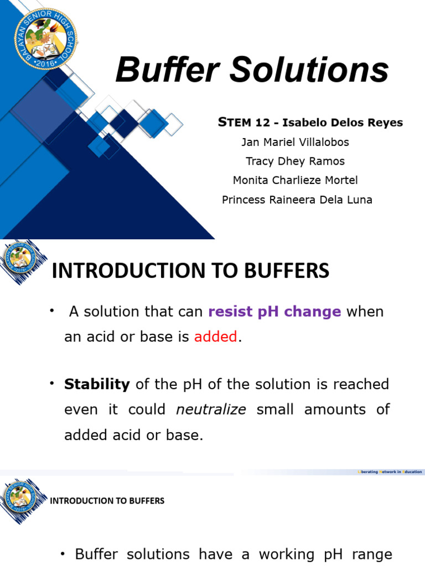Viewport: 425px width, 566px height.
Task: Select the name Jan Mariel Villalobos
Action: [x=295, y=142]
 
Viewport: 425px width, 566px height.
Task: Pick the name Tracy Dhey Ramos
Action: [x=295, y=161]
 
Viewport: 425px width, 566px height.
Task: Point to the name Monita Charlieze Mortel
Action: [x=295, y=180]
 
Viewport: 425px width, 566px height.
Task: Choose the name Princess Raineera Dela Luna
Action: [x=297, y=200]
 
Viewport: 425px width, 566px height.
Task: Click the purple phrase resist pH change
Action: [x=274, y=312]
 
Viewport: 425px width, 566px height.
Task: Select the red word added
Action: [x=216, y=337]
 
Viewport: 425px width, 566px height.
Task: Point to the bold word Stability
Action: [x=97, y=384]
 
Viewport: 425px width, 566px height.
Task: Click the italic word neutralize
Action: [x=211, y=410]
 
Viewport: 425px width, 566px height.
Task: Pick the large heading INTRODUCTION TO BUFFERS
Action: [x=190, y=271]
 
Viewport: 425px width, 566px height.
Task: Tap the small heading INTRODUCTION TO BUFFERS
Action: [x=107, y=501]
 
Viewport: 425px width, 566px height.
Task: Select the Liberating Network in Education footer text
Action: [x=391, y=471]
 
